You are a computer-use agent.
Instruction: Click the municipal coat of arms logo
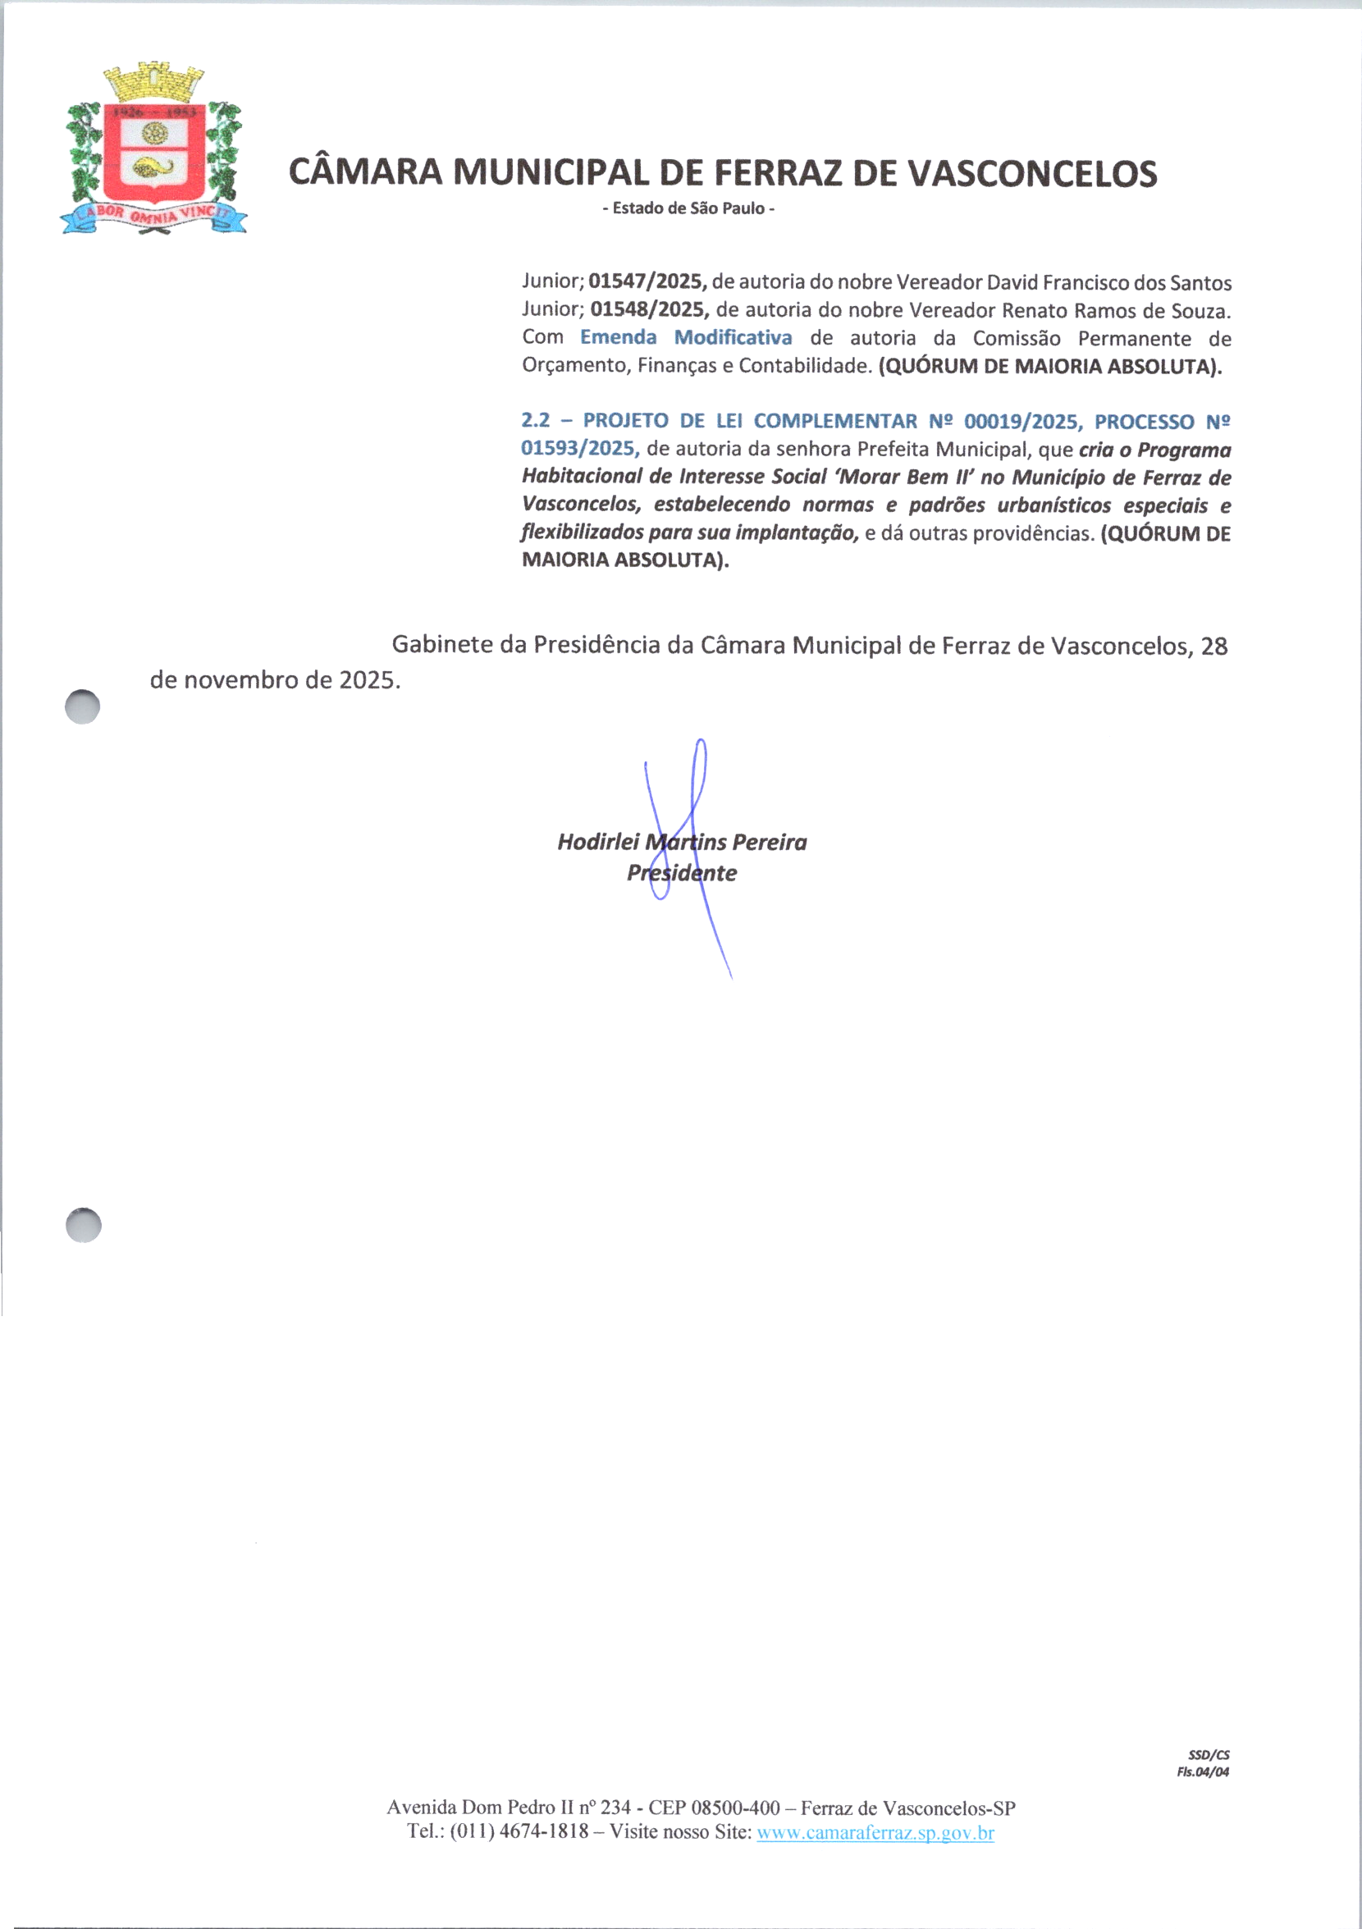[154, 149]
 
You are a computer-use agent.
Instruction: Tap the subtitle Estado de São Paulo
[688, 208]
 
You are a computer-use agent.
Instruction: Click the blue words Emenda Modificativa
[686, 338]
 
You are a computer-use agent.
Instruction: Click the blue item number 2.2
[535, 421]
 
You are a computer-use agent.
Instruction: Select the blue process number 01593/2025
[580, 449]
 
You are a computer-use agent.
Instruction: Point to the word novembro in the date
[241, 679]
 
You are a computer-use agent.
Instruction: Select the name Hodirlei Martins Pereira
[682, 842]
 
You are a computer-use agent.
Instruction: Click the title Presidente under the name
[682, 873]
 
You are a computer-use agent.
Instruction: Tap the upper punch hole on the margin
[82, 706]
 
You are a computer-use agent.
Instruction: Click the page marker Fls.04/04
[1202, 1772]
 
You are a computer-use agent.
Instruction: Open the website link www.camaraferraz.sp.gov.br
[875, 1832]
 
